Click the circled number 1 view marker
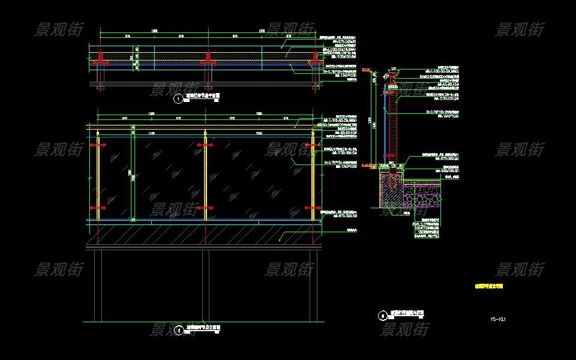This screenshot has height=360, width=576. click(178, 99)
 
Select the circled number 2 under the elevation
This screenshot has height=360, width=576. click(178, 330)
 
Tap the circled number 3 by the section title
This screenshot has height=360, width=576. click(383, 315)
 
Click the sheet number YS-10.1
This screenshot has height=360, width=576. click(498, 319)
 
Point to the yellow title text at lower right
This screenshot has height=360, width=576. click(489, 287)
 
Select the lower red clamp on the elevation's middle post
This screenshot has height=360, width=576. click(205, 208)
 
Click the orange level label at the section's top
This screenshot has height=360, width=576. click(367, 70)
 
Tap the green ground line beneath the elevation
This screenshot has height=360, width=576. click(204, 322)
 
